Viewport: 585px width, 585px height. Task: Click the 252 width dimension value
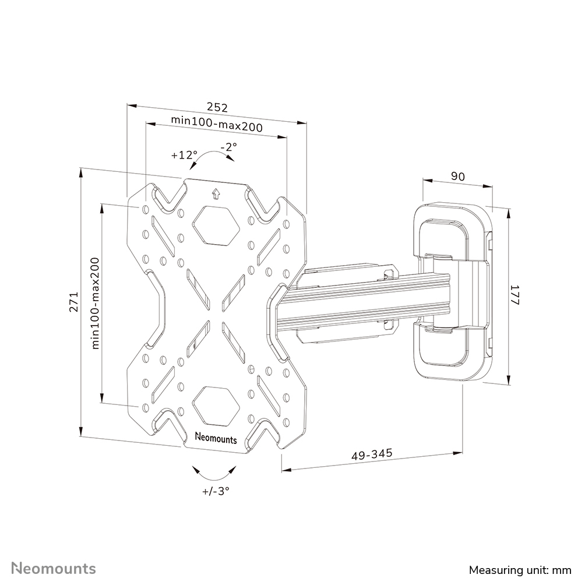tap(217, 108)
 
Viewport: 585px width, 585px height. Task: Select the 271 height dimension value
tap(74, 302)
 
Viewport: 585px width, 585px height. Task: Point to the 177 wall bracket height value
tap(514, 296)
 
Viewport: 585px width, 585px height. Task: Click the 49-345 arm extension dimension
tap(372, 454)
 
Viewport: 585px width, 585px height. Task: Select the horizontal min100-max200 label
tap(216, 124)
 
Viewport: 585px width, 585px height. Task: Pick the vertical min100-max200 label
tap(96, 304)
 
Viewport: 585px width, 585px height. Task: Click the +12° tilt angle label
tap(184, 156)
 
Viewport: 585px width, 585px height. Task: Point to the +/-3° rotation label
tap(216, 491)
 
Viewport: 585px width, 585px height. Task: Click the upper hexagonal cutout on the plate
tap(216, 225)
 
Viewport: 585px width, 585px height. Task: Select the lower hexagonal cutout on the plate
tap(215, 406)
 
